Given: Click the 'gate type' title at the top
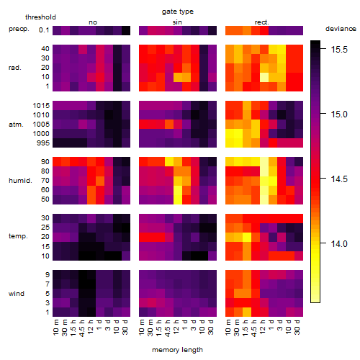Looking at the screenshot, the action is coord(178,12).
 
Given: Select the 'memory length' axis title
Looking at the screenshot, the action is coord(177,350).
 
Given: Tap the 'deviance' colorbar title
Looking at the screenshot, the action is coord(341,29).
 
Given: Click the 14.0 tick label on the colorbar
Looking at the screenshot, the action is coord(339,244).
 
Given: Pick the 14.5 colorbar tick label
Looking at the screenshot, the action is coord(339,179).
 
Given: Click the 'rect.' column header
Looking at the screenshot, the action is coord(261,22).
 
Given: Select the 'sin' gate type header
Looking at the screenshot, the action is coord(177,22).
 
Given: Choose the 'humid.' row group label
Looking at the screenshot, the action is coord(20,181).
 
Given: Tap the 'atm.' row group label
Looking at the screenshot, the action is coord(16,125).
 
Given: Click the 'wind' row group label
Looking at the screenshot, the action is coord(17,294).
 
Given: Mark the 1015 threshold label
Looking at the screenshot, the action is coord(41,106).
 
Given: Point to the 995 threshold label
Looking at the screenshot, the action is coord(43,143).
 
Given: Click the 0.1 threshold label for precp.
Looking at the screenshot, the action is coord(44,30).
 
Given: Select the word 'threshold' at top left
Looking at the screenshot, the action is coord(40,17).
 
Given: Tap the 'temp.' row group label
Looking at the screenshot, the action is coord(18,236).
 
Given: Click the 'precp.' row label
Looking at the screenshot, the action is coord(19,29).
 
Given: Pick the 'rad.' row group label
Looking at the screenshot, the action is coord(15,68).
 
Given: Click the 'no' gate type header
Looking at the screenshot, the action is coord(93,22).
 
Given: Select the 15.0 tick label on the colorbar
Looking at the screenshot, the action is coord(339,114).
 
